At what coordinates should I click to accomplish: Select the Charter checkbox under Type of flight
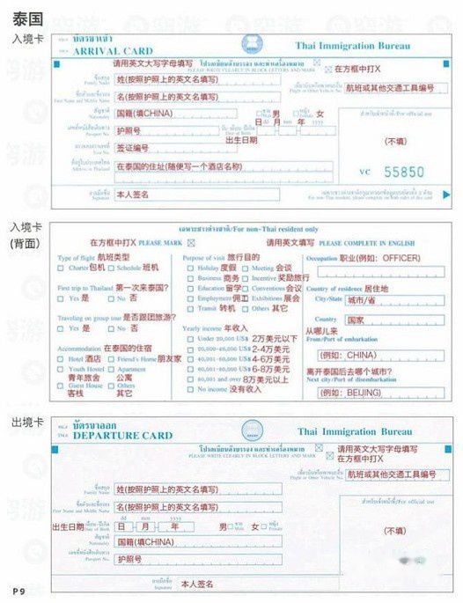[62, 267]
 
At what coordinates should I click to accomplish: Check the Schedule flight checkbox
[111, 267]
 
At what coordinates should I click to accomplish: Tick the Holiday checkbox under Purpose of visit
[191, 267]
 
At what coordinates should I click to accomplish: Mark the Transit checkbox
[191, 308]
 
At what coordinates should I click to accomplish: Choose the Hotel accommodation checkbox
[62, 358]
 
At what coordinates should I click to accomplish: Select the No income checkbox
[191, 389]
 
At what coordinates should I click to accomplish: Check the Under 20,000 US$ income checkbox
[191, 338]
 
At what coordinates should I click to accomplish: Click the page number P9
[18, 588]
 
